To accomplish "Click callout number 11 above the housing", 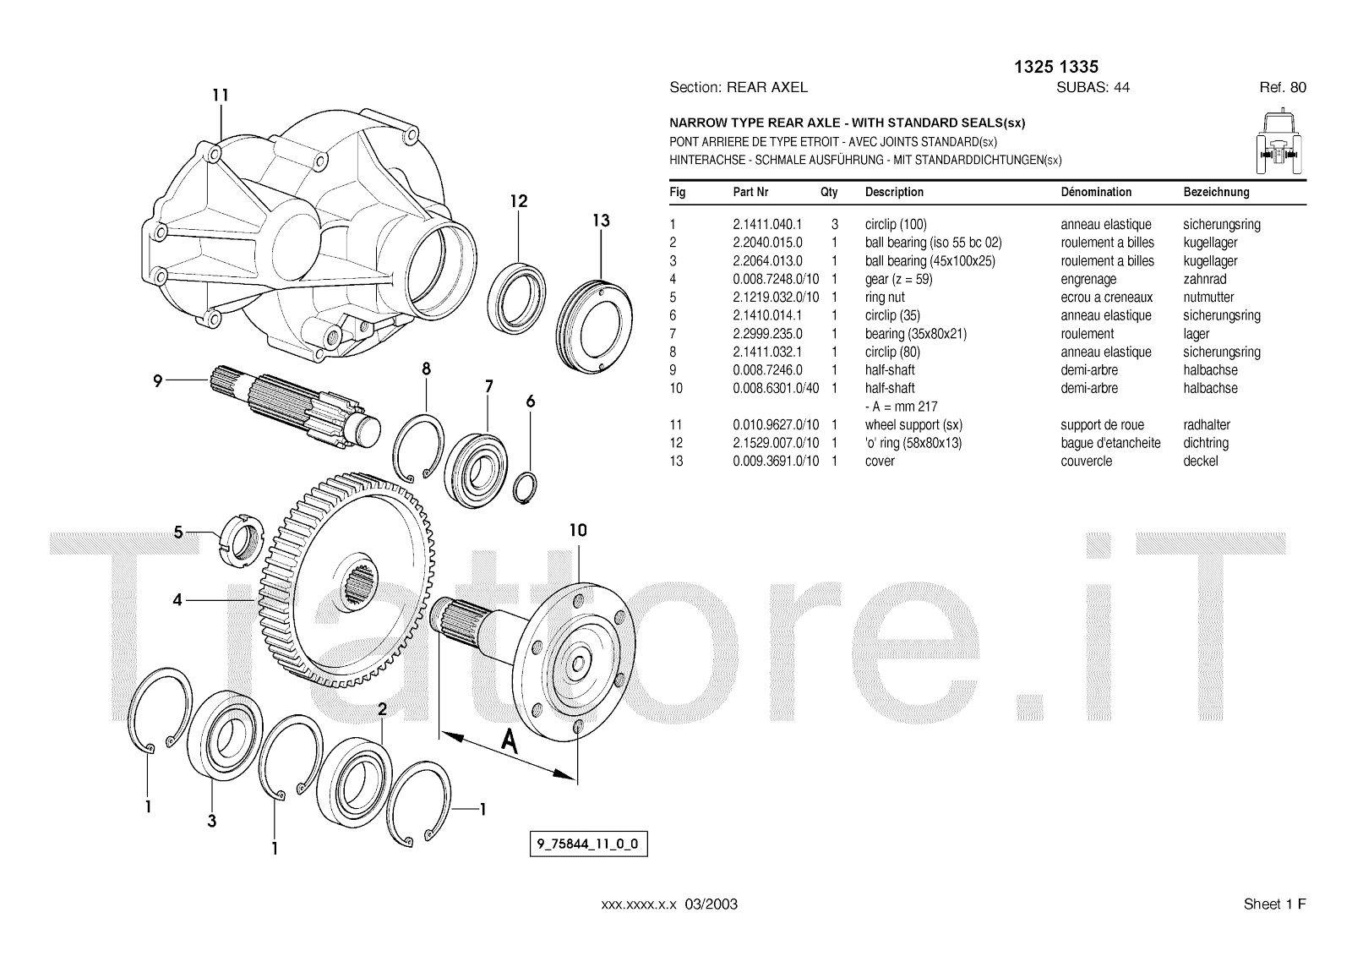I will pos(220,95).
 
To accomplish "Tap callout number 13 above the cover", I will pos(600,221).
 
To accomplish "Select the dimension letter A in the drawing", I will pos(509,740).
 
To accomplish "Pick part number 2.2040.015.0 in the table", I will pos(767,243).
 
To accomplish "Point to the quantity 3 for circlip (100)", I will pos(834,225).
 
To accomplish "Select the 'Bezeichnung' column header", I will pos(1215,192).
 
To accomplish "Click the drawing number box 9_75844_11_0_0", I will pos(588,844).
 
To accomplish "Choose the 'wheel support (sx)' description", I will pos(913,425).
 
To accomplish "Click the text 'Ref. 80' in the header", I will pos(1282,87).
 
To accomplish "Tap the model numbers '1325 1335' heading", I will pos(1056,67).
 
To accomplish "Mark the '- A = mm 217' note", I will pos(901,407).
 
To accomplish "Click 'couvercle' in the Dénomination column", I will pos(1086,462).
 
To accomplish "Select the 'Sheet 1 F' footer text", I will pos(1274,904).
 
